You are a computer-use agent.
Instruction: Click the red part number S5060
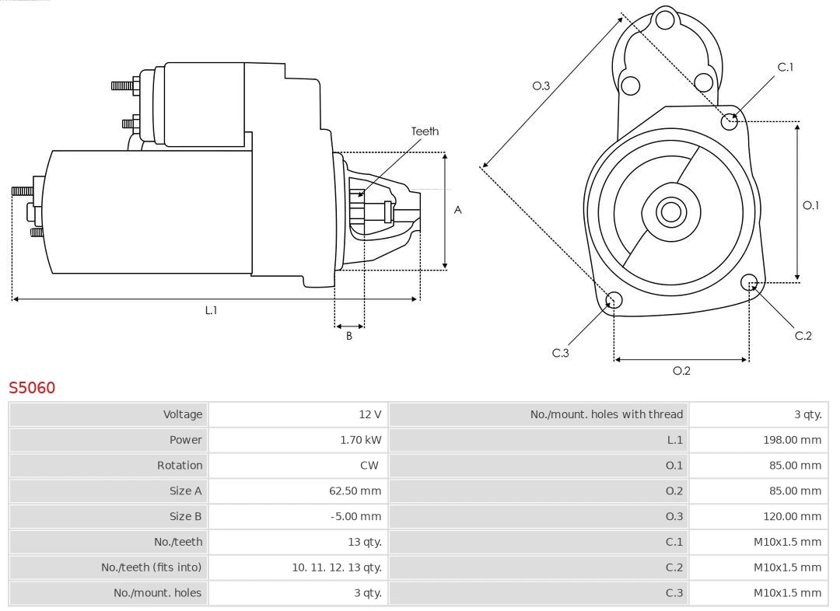point(32,387)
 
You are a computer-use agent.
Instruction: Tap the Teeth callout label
point(425,131)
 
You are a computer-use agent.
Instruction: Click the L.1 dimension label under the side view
point(211,310)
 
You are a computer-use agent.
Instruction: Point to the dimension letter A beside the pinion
point(458,210)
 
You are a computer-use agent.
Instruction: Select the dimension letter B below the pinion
point(349,337)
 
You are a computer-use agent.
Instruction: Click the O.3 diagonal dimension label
point(541,86)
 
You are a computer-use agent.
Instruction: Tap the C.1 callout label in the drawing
point(786,67)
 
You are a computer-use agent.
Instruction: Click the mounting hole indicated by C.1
point(730,121)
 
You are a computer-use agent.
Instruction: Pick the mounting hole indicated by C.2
point(749,281)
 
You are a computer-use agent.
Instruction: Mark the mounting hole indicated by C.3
point(614,301)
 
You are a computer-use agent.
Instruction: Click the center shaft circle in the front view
point(670,211)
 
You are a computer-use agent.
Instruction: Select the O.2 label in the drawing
point(681,371)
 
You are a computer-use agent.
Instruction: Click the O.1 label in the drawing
point(810,205)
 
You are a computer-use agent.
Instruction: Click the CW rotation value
point(369,466)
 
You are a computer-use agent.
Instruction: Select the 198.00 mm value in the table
point(792,440)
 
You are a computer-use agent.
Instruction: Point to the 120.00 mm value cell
point(792,516)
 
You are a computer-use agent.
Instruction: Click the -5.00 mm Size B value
point(355,516)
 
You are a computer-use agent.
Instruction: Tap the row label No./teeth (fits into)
point(151,567)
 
